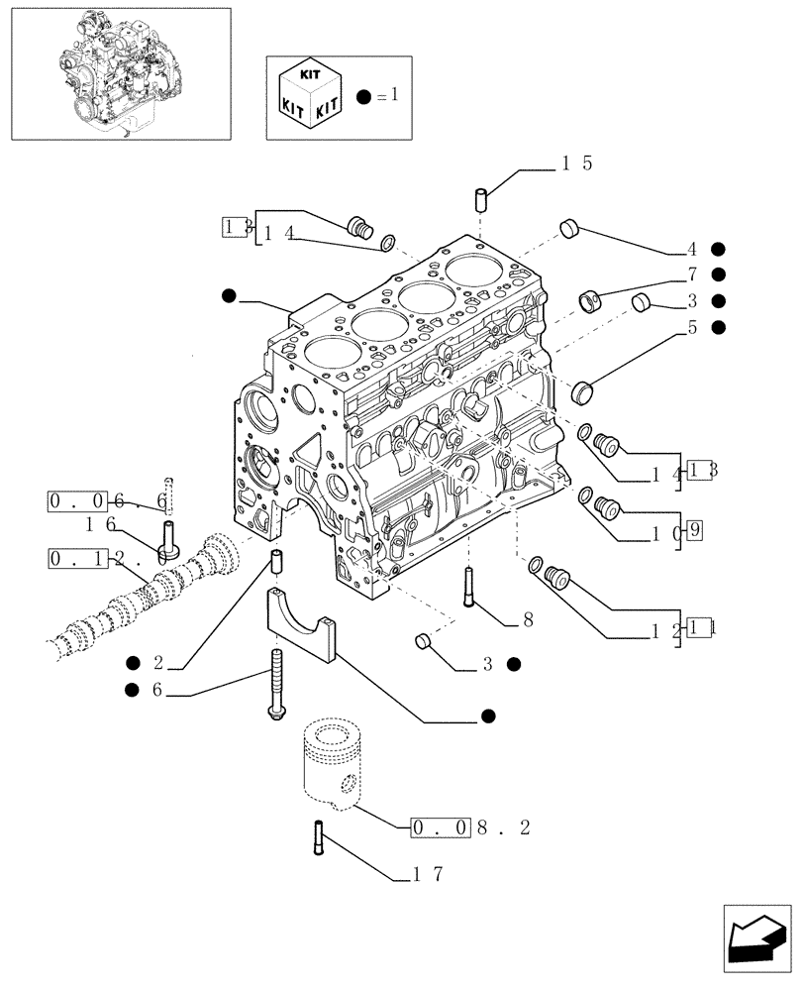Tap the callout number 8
coord(528,621)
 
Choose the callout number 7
coord(692,275)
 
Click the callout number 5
coord(692,326)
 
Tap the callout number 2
coord(155,663)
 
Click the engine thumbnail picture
coord(120,73)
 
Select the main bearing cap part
coord(300,625)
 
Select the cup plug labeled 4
coord(568,228)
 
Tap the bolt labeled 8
coord(467,587)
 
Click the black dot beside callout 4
coord(718,249)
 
